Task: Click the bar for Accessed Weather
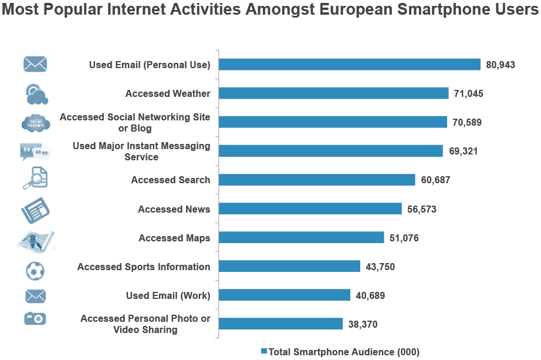[333, 93]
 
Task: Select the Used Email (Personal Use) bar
[349, 65]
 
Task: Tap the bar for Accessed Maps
[301, 238]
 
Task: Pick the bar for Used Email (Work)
[284, 295]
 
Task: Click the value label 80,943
[500, 65]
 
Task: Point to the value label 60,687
[435, 180]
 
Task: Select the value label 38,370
[363, 324]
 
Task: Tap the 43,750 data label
[380, 267]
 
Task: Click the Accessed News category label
[174, 209]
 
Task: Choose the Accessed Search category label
[170, 180]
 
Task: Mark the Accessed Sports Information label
[143, 267]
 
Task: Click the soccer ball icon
[35, 271]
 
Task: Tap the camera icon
[35, 318]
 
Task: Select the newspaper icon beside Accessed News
[35, 210]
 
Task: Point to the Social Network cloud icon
[35, 123]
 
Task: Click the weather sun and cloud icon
[35, 93]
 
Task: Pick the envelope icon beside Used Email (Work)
[35, 295]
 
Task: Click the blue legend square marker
[264, 351]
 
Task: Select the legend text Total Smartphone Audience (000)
[344, 352]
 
